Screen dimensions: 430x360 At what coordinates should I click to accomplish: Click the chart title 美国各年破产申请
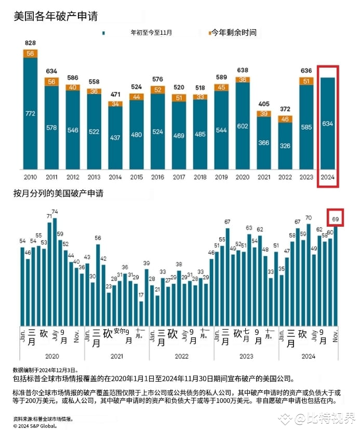(56, 16)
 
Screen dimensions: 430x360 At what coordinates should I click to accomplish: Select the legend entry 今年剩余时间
(233, 33)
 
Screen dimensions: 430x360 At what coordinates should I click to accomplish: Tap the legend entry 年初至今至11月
(151, 33)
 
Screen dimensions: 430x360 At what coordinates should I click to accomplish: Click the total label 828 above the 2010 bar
(30, 43)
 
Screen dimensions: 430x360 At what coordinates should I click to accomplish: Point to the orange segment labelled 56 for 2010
(30, 54)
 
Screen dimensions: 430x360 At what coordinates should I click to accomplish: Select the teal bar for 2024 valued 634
(328, 123)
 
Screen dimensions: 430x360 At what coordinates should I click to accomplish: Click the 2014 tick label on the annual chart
(115, 177)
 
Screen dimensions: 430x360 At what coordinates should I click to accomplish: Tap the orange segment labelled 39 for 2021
(264, 114)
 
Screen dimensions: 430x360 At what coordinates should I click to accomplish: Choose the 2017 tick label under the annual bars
(179, 177)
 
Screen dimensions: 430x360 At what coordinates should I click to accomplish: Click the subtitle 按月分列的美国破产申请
(58, 193)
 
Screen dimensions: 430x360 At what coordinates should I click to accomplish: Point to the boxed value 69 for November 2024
(336, 220)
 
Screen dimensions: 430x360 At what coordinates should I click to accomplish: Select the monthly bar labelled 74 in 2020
(55, 270)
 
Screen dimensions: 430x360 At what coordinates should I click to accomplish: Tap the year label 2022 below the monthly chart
(181, 356)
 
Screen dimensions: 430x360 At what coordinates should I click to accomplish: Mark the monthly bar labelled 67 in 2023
(228, 276)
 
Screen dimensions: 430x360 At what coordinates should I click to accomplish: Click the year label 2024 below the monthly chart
(309, 356)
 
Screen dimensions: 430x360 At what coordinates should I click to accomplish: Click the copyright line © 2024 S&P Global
(35, 425)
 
